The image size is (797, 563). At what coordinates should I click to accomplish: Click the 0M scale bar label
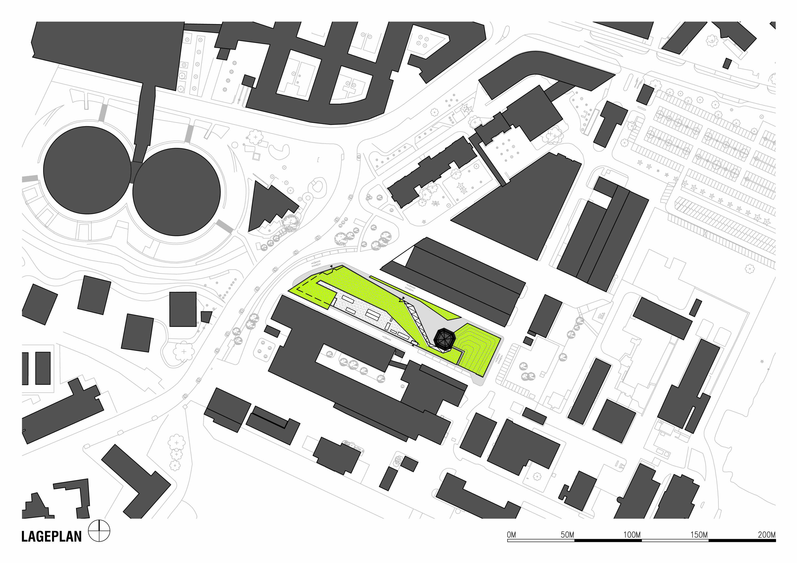(x=511, y=535)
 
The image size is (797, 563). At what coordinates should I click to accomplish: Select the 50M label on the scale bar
(x=567, y=535)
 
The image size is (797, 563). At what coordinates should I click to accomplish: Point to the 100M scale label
(x=632, y=535)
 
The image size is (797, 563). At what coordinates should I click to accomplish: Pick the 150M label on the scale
(x=699, y=535)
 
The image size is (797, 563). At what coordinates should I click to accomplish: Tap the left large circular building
(x=87, y=170)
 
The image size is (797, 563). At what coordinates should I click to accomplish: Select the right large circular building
(x=176, y=192)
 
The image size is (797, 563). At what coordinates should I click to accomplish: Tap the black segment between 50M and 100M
(x=608, y=540)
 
